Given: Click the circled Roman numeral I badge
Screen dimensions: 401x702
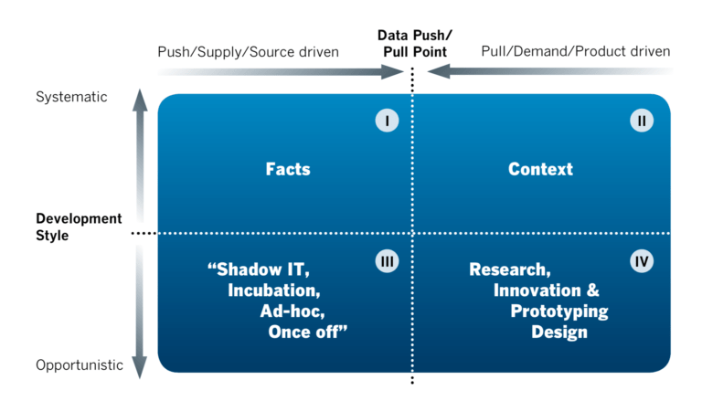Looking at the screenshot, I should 387,121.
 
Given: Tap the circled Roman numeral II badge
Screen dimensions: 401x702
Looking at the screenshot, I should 642,121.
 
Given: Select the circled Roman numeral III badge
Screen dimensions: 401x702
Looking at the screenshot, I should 387,261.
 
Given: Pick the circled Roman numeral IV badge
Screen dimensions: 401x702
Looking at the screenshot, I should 642,261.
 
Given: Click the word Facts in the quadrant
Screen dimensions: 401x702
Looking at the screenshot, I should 288,169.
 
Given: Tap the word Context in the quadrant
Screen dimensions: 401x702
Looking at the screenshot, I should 540,169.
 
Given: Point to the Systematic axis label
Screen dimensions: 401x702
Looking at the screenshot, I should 71,97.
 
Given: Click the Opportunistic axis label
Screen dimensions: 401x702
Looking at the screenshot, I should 80,365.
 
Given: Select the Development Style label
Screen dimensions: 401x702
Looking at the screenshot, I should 79,227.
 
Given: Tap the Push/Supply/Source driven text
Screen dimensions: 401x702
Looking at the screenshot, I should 249,52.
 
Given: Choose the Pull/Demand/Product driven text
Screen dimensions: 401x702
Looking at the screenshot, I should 575,52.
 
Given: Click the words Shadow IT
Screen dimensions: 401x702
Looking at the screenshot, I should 266,270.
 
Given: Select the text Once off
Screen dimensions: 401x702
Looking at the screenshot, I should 308,332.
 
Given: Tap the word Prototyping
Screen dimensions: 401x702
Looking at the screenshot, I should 558,311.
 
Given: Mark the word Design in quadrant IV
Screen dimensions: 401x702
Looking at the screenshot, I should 558,332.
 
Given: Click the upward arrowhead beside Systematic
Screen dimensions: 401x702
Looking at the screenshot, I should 140,98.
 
